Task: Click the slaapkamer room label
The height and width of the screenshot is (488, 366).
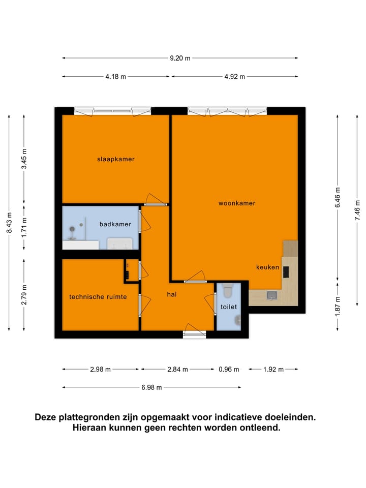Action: point(116,159)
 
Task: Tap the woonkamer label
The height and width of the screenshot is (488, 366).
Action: point(236,203)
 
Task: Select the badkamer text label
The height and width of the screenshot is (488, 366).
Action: point(115,224)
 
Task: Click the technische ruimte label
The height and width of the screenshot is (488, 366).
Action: point(98,297)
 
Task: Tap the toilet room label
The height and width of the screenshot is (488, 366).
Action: point(228,307)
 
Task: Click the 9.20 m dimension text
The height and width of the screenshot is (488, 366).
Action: point(180,58)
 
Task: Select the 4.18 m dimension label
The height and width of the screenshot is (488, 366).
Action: point(115,77)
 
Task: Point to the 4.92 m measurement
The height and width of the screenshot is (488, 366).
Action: point(235,77)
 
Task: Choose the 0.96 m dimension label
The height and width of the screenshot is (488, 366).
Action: point(229,370)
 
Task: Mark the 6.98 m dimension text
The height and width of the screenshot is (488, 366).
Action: point(151,387)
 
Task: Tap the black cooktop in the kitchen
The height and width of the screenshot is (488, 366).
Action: point(286,272)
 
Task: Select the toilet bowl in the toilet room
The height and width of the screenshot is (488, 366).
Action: point(227,291)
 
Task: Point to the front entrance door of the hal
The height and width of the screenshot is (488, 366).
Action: point(194,332)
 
